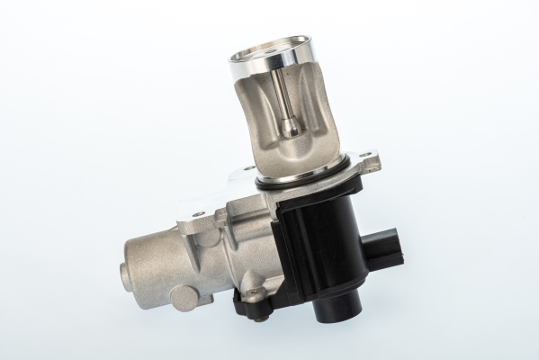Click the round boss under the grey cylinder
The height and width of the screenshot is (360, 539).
coord(185,296)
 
